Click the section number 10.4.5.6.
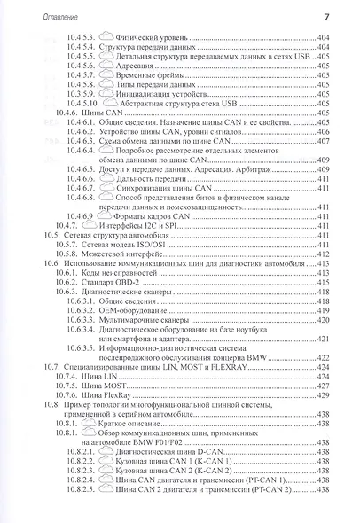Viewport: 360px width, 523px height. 84,64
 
